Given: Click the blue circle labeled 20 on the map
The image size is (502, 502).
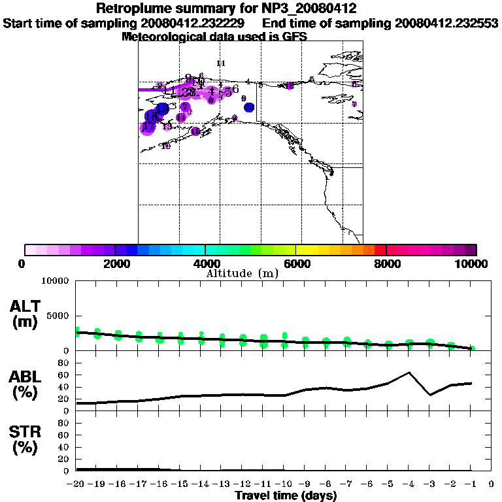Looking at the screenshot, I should pyautogui.click(x=249, y=107).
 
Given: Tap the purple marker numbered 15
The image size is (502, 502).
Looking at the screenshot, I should pyautogui.click(x=195, y=131).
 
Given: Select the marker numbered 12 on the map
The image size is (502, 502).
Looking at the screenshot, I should pyautogui.click(x=289, y=86).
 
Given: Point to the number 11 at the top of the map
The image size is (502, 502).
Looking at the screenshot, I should pyautogui.click(x=220, y=63).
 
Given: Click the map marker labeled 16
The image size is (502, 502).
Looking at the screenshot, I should pyautogui.click(x=166, y=146).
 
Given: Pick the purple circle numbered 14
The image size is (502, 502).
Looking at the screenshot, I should pyautogui.click(x=181, y=118).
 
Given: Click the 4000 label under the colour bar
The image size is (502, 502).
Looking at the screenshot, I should pyautogui.click(x=205, y=263).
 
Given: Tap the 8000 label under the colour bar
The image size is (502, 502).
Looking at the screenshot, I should pyautogui.click(x=386, y=263).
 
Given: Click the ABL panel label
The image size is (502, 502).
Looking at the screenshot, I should pyautogui.click(x=25, y=385).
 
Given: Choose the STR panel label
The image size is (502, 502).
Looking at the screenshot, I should pyautogui.click(x=25, y=439).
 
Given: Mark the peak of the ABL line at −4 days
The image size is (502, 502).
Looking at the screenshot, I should pyautogui.click(x=409, y=373).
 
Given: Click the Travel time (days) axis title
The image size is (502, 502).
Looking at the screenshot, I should pyautogui.click(x=286, y=495).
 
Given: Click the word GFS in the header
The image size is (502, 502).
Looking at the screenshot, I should pyautogui.click(x=294, y=37).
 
